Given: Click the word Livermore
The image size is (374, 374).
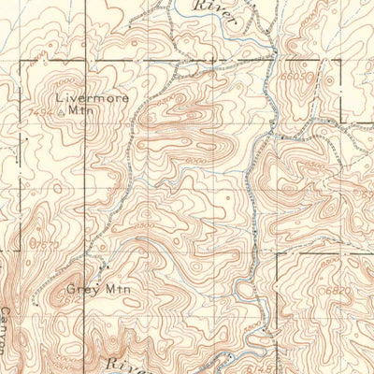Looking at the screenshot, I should pos(90,96).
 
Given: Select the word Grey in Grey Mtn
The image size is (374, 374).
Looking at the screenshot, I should pos(79,289).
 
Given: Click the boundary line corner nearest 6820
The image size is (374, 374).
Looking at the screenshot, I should pos(278,252).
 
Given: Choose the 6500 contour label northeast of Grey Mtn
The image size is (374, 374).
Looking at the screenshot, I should pos(142,225).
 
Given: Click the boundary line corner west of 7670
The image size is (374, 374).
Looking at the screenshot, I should pos(19,251).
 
